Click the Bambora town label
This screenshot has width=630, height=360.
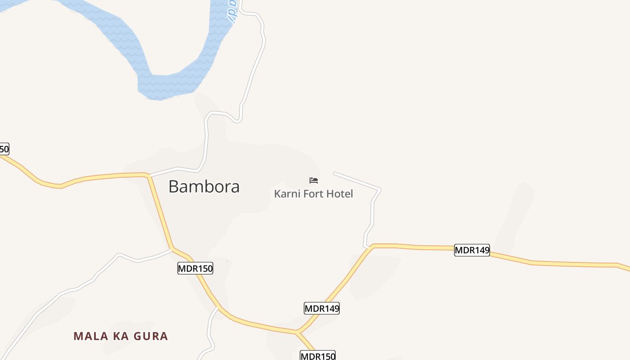point(204,186)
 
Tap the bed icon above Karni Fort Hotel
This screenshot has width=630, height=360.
point(314,180)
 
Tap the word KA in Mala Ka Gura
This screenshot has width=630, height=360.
point(121,336)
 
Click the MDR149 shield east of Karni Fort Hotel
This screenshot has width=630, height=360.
point(472,250)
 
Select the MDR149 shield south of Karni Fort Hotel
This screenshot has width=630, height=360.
point(322,308)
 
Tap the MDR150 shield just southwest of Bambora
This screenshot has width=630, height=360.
point(195,269)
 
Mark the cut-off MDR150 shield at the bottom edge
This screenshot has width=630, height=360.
point(318,355)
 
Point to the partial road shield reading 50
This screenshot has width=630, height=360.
point(4,149)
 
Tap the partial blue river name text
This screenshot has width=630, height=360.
point(232,10)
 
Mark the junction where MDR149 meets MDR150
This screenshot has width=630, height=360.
point(297,333)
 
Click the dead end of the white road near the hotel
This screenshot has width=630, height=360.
point(334,173)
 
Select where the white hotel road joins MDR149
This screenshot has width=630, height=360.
point(367,247)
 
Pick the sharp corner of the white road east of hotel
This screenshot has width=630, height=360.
point(380,189)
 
